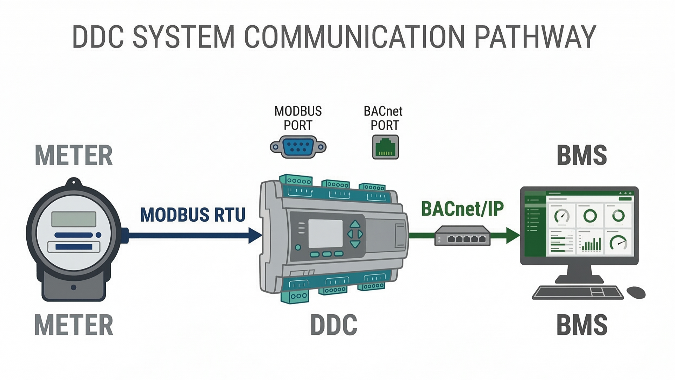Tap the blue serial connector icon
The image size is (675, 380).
298,147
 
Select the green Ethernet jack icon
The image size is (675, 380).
385,147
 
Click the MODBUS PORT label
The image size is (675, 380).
298,118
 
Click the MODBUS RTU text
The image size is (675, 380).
193,215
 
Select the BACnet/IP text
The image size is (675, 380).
462,209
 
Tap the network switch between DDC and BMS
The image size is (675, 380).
462,236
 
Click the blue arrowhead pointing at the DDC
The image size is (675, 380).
255,235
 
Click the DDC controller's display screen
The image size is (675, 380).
325,234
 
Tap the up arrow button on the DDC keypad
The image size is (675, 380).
355,224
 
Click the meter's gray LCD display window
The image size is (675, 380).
74,219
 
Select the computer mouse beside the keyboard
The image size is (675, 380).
636,292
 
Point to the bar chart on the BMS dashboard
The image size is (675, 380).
591,244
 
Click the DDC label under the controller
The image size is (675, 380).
334,325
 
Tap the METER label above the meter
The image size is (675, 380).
74,156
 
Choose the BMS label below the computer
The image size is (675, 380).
582,325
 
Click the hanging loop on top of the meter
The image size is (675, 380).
74,182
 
